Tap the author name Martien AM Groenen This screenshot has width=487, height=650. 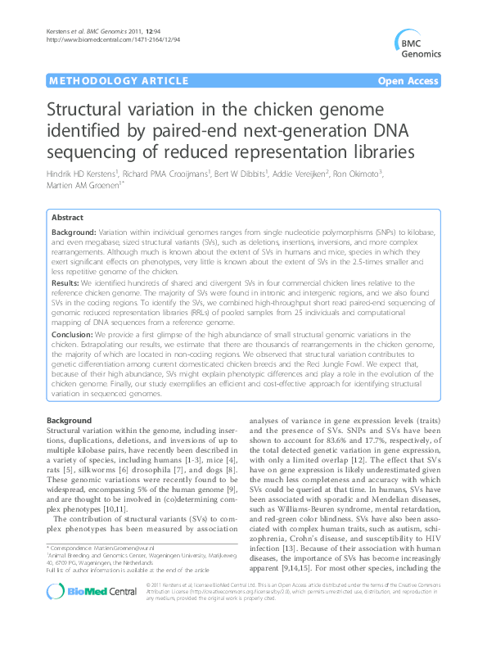91,187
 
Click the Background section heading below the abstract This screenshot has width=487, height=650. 70,420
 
